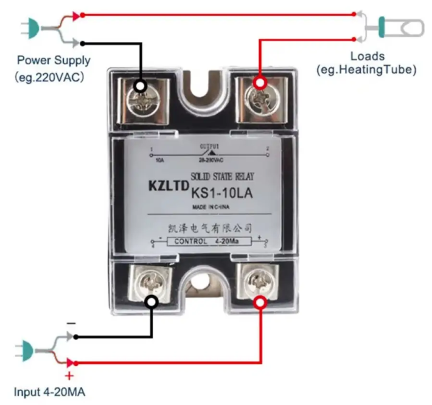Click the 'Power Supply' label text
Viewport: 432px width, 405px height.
(54, 60)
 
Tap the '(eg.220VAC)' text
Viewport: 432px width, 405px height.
(50, 78)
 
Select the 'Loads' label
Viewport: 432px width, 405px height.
(366, 56)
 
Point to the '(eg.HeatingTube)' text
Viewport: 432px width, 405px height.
(366, 70)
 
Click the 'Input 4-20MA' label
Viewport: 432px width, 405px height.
(50, 392)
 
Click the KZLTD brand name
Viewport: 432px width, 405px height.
(167, 186)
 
